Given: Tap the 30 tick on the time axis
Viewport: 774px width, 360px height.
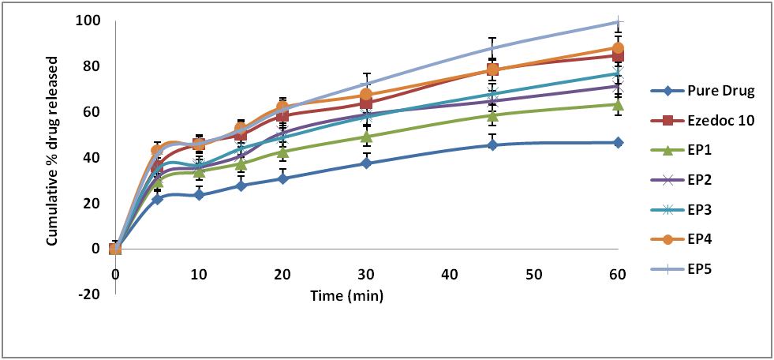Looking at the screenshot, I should pyautogui.click(x=366, y=274).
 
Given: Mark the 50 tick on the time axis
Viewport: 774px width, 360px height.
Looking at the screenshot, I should pyautogui.click(x=533, y=274).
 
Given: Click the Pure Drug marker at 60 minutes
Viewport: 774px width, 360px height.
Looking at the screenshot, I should pyautogui.click(x=618, y=142).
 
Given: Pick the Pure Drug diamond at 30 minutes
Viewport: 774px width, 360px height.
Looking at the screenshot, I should pyautogui.click(x=366, y=163).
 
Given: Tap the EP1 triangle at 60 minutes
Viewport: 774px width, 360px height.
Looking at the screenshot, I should pyautogui.click(x=618, y=104).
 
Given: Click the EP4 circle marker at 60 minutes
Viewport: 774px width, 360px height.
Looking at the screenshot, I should pyautogui.click(x=618, y=48).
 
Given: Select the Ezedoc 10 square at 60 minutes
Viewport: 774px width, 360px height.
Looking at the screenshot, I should pyautogui.click(x=618, y=55).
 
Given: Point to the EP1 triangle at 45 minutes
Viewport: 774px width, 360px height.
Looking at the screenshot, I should pyautogui.click(x=492, y=115).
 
